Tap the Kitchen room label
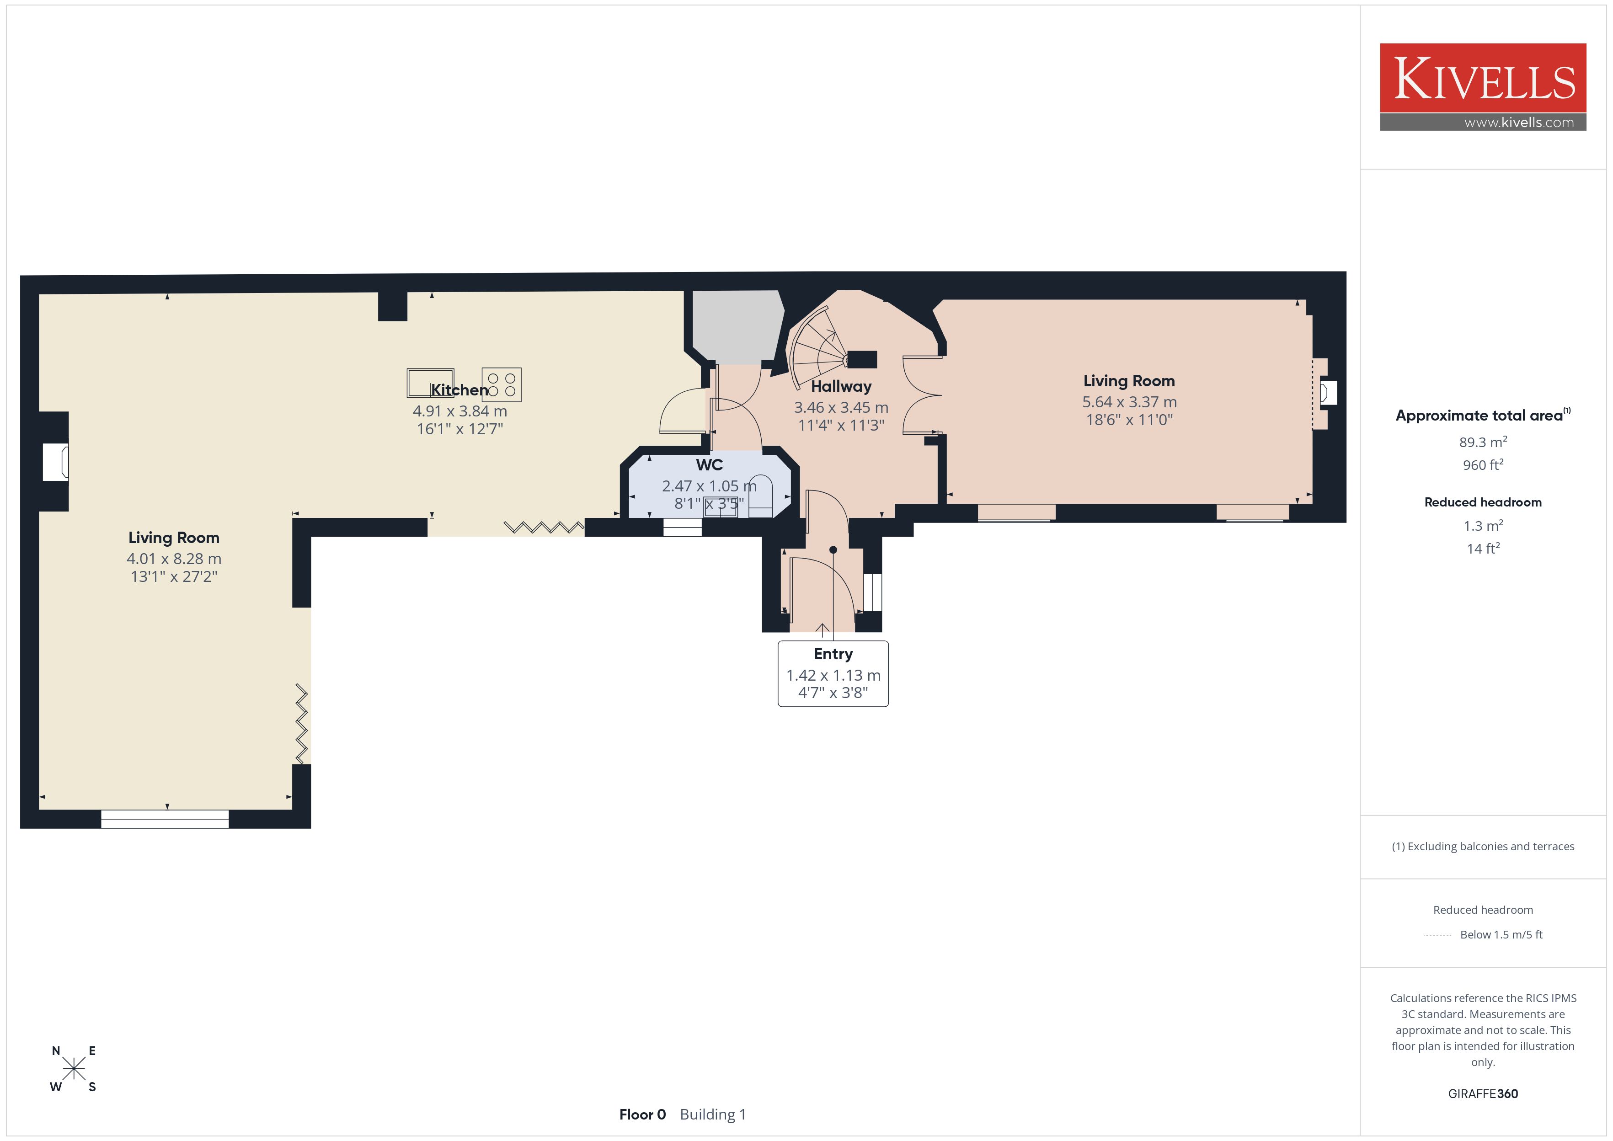(459, 390)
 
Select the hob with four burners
(502, 384)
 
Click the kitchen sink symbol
(430, 382)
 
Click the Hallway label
(841, 386)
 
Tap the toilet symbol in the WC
(760, 496)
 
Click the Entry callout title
(833, 654)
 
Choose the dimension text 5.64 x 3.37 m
(1129, 402)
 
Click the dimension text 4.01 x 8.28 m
(174, 559)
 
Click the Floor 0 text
(642, 1114)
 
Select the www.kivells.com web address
(1519, 122)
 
